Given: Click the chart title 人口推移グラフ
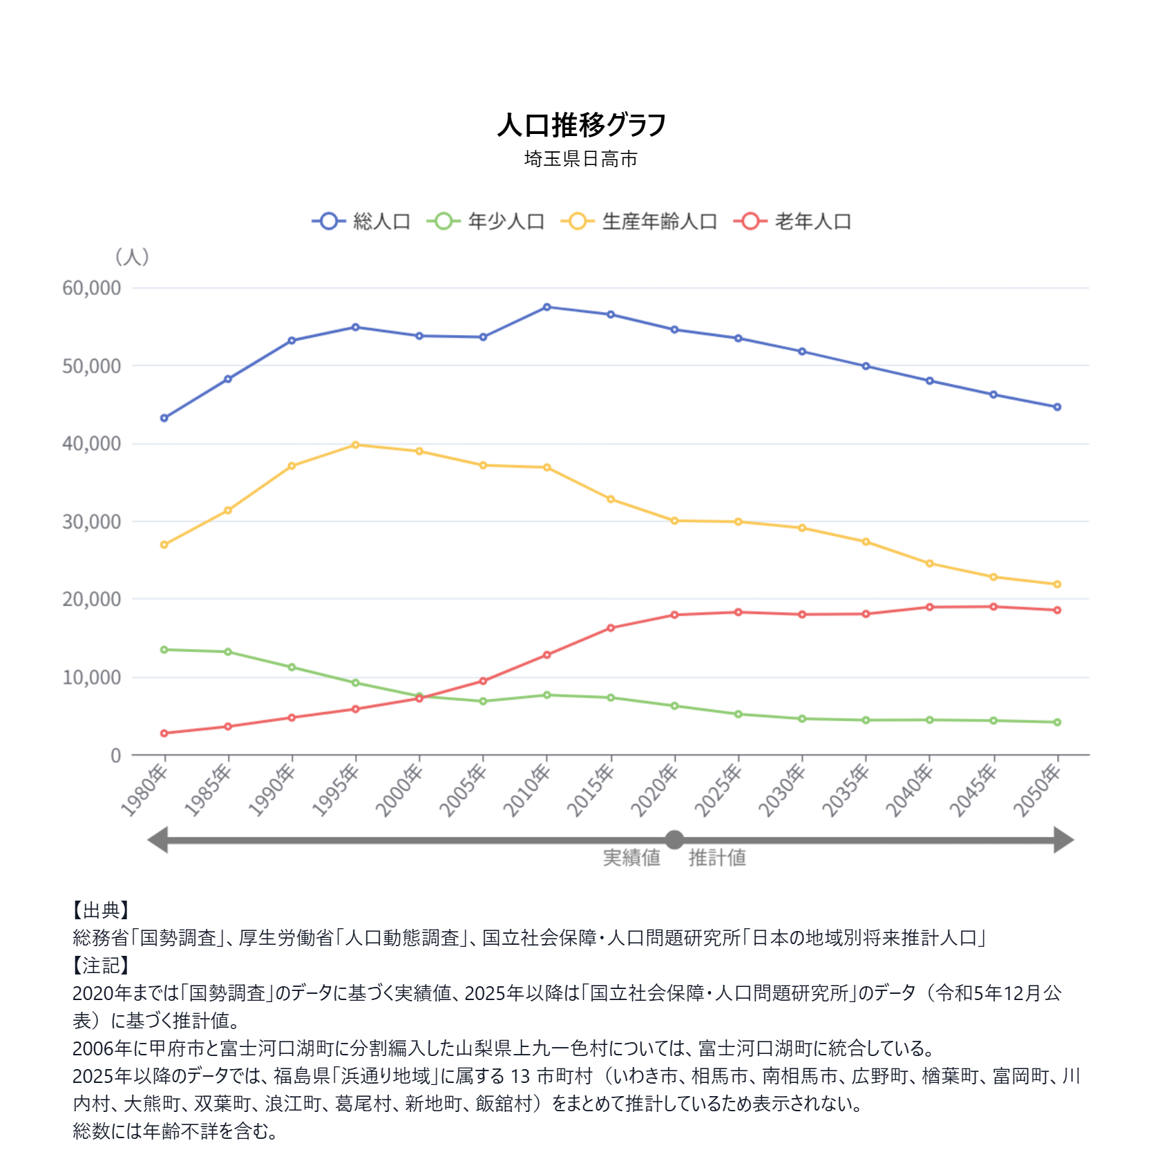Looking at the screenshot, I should click(x=581, y=125).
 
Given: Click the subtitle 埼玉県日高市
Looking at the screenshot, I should click(x=580, y=159).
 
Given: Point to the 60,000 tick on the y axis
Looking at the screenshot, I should click(x=91, y=288).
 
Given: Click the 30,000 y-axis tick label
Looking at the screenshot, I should click(x=91, y=522).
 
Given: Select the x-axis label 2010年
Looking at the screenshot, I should click(x=527, y=790).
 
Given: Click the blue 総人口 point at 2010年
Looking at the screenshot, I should click(x=547, y=307).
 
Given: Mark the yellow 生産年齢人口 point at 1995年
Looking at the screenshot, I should click(x=356, y=445).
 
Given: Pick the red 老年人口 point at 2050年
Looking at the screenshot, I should click(x=1057, y=610).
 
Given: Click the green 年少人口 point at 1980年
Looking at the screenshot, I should click(x=164, y=649).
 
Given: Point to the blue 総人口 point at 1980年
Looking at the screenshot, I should click(x=164, y=418).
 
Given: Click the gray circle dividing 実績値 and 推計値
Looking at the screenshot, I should click(x=674, y=840).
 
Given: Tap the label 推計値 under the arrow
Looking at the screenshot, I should click(x=717, y=858).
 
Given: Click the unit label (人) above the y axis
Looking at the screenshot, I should click(x=132, y=257).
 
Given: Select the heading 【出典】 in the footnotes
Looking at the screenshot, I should click(x=101, y=910).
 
